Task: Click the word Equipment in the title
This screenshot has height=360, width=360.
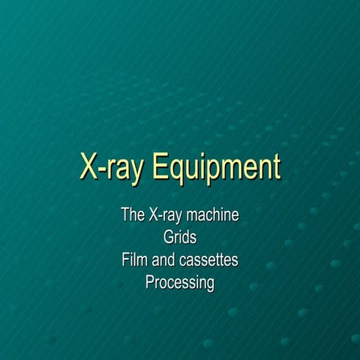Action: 217,167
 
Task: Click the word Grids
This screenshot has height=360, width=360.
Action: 180,238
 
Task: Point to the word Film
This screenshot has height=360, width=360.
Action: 134,260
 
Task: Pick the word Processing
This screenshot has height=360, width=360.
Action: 180,283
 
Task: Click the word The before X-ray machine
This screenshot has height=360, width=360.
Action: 133,215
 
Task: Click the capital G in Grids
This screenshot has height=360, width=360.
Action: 168,238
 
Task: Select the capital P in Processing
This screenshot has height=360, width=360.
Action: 150,283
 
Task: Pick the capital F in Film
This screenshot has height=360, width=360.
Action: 126,260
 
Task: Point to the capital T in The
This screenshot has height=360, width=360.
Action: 126,215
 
